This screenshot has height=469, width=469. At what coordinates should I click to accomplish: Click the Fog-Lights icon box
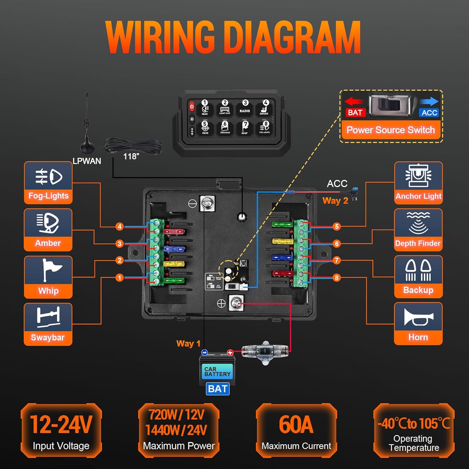pos(48,183)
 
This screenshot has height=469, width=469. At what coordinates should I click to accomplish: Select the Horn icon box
pos(418,324)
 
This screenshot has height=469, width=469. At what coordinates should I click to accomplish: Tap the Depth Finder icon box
pos(418,230)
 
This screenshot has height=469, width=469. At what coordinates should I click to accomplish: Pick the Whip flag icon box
pos(48,277)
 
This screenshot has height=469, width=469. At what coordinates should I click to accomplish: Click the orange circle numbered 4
pos(119,226)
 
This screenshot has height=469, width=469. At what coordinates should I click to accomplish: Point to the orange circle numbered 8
pos(336,278)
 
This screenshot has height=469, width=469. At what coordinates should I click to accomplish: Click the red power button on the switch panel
pos(192,107)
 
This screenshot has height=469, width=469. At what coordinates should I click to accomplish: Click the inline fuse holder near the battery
pos(265,352)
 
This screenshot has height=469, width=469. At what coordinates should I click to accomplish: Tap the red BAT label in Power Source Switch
pos(355,113)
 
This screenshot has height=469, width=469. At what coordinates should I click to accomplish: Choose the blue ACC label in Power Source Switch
pos(429,113)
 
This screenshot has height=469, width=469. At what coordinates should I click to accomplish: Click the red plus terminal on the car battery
pos(230,353)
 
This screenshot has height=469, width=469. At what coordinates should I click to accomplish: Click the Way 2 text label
pos(335,201)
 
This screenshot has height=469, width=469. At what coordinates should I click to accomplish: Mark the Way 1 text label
pos(188,344)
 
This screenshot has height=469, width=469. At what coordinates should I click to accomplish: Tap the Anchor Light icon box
pos(418,183)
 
